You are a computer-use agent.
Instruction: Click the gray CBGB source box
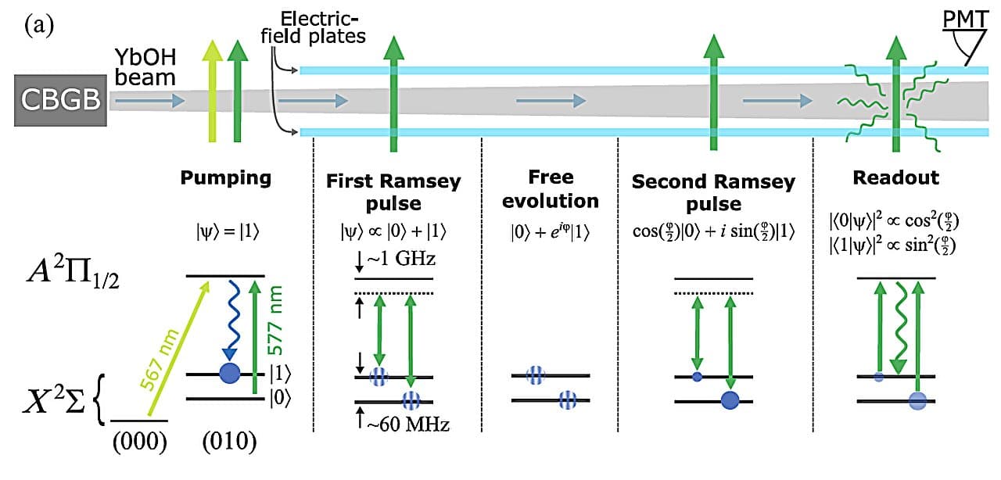tap(60, 100)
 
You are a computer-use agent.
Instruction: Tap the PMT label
tap(965, 20)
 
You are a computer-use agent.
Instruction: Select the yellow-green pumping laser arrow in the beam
tap(212, 91)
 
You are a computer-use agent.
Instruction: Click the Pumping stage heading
tap(226, 178)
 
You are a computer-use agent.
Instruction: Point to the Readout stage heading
tap(896, 177)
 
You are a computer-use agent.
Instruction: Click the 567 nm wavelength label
tap(159, 360)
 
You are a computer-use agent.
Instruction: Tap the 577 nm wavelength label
tap(274, 320)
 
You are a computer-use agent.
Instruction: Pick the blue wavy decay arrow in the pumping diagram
tap(231, 321)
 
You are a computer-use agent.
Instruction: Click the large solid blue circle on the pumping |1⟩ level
tap(230, 373)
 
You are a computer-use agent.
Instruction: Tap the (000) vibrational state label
tap(139, 442)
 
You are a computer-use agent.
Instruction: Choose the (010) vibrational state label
tap(229, 442)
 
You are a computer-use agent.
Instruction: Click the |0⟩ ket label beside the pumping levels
tap(280, 398)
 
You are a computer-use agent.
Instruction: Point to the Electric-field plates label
tap(314, 27)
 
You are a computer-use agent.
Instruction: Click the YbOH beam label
tap(145, 67)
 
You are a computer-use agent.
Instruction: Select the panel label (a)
tap(39, 26)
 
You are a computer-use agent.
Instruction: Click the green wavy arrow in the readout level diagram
tap(899, 328)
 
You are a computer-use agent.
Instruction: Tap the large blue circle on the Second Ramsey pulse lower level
tap(730, 400)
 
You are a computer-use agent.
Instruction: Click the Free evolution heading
tap(551, 189)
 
